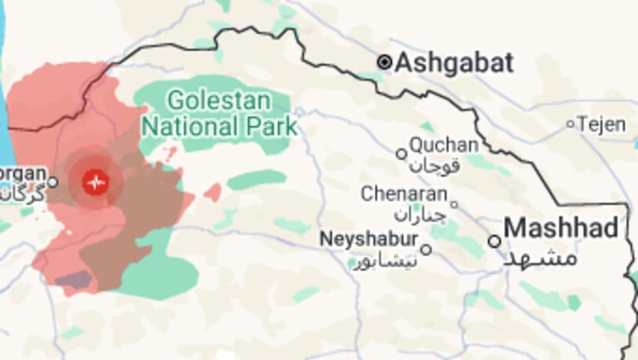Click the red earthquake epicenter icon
95,182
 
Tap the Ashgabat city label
454,63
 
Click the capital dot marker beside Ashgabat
384,62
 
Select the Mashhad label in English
562,228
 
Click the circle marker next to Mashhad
494,242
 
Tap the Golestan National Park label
219,112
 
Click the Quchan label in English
444,145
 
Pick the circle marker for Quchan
401,154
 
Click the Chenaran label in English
404,194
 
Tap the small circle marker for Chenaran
454,205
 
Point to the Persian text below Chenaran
420,215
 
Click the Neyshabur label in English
370,238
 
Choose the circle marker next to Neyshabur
426,249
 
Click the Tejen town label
602,124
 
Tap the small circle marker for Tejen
570,124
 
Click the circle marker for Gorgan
52,182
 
